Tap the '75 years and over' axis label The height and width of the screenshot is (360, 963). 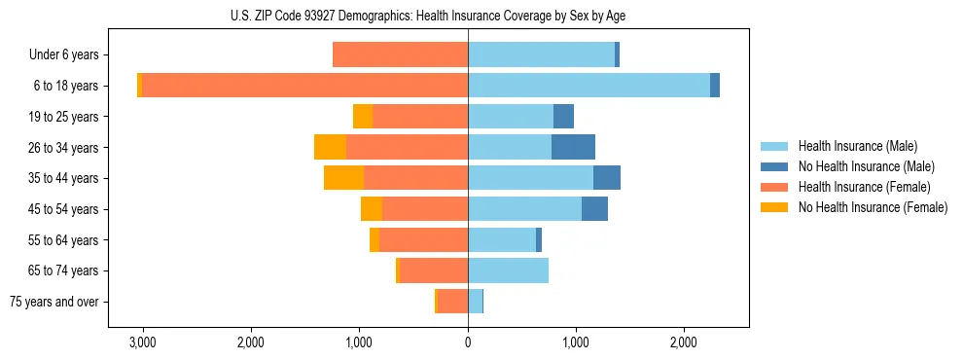pyautogui.click(x=53, y=302)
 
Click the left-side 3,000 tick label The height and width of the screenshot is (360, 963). pyautogui.click(x=143, y=342)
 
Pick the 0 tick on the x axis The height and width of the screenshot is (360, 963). pyautogui.click(x=468, y=342)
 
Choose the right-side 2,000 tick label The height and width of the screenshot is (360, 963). pyautogui.click(x=684, y=342)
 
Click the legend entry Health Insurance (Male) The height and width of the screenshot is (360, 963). pyautogui.click(x=857, y=146)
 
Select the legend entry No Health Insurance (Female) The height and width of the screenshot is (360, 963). pyautogui.click(x=873, y=207)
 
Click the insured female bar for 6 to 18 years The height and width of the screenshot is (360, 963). pyautogui.click(x=304, y=86)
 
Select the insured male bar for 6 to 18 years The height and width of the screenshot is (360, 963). pyautogui.click(x=588, y=86)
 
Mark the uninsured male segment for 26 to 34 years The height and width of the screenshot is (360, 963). pyautogui.click(x=573, y=147)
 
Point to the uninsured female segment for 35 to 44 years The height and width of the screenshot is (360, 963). pyautogui.click(x=343, y=178)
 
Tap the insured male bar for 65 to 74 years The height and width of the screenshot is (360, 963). pyautogui.click(x=508, y=270)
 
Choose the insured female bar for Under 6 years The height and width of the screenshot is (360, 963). pyautogui.click(x=400, y=54)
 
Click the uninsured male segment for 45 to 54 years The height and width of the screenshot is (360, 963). pyautogui.click(x=594, y=209)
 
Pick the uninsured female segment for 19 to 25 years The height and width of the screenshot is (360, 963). pyautogui.click(x=363, y=117)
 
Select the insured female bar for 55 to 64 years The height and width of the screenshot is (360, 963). pyautogui.click(x=423, y=239)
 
